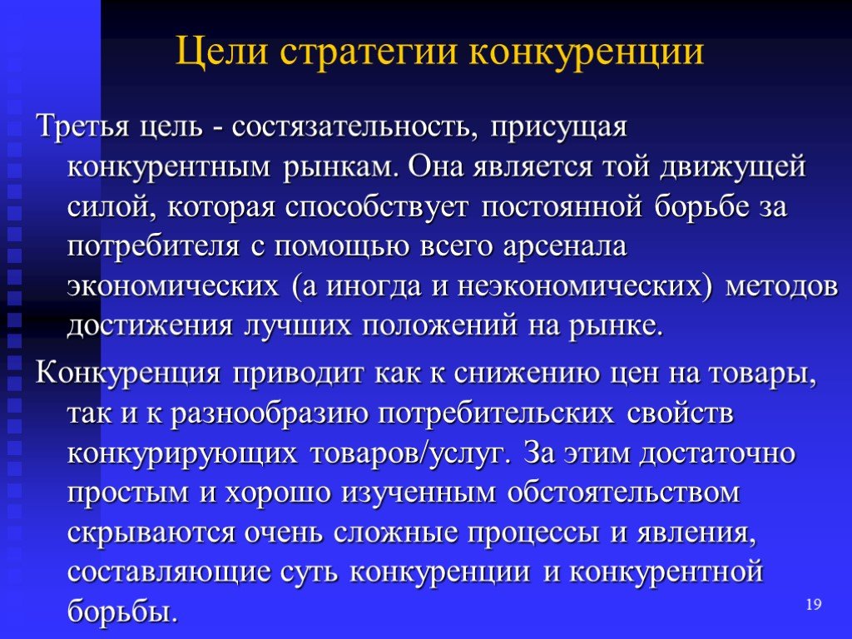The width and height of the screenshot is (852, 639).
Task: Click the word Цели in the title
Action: pos(221,52)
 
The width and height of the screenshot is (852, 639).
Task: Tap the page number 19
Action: pos(814,604)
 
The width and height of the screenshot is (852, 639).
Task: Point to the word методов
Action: pos(781,286)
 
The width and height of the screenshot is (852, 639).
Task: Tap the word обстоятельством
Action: pos(624,493)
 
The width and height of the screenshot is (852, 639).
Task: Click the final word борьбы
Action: pos(122,611)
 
